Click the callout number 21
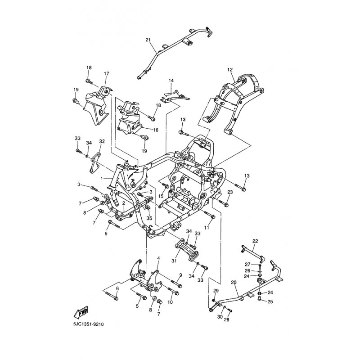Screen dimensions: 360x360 148,40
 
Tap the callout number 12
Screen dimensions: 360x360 230,70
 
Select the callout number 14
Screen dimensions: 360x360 171,81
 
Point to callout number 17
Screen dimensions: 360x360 107,74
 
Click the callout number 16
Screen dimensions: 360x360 156,130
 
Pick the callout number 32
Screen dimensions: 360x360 102,141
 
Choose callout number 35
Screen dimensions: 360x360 149,218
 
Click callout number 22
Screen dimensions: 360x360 255,241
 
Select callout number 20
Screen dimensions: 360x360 234,282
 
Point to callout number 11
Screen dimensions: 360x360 207,228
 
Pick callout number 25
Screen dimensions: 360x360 270,301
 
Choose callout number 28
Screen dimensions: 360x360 227,320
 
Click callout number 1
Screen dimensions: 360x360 102,178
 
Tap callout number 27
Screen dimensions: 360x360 247,264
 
